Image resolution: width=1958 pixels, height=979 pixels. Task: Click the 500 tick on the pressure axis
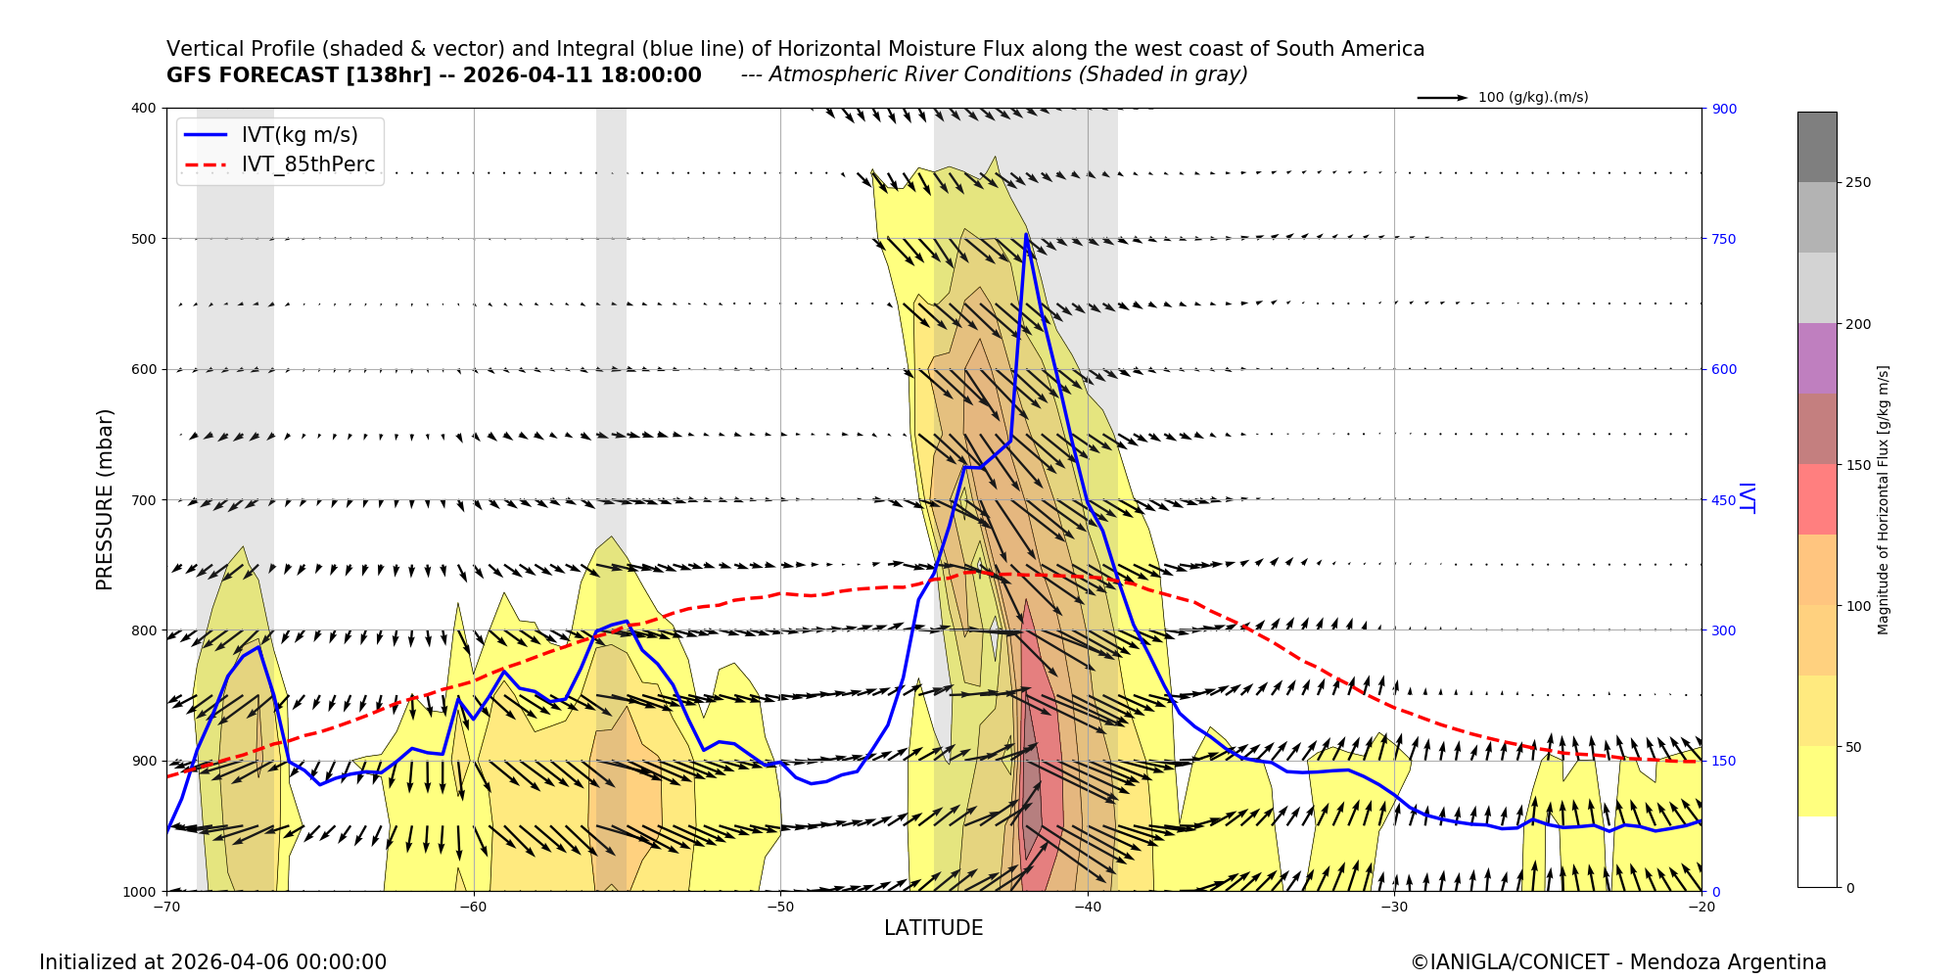click(144, 239)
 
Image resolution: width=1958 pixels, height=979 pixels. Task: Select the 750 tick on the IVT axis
click(1724, 239)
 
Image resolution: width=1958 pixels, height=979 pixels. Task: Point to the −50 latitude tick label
click(779, 907)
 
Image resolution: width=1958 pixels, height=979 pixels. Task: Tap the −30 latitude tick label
click(1393, 907)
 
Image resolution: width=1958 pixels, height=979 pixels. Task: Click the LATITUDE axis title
click(933, 928)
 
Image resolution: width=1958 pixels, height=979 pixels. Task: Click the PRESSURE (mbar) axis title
click(105, 499)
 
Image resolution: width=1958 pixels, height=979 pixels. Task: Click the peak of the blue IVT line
click(1026, 234)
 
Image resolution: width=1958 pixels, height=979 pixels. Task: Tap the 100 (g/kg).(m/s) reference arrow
click(1442, 98)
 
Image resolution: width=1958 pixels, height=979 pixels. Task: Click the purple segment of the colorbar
click(1816, 358)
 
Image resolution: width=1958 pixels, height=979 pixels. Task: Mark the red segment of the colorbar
click(1816, 499)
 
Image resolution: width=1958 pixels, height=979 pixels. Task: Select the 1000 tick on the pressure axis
click(140, 892)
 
